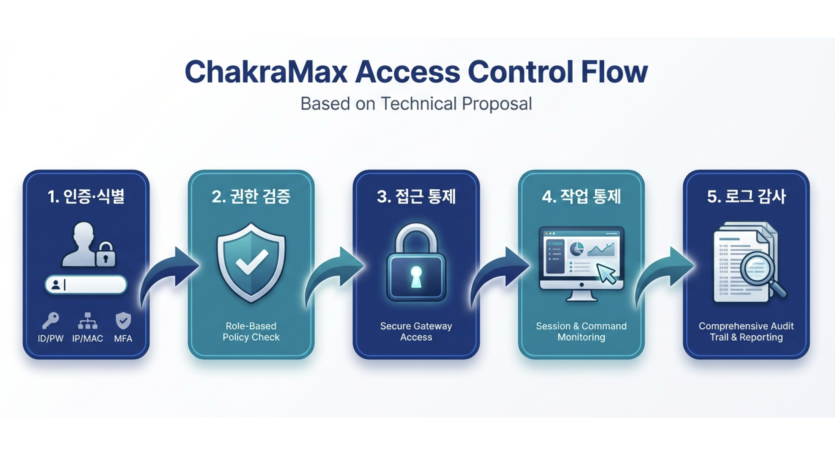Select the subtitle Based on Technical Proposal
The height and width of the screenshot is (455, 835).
tap(416, 104)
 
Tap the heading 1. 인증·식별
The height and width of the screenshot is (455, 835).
tap(86, 196)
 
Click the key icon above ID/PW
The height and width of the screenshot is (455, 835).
tap(51, 320)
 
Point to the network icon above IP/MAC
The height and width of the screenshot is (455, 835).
tap(87, 321)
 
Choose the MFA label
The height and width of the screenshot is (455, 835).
tap(123, 339)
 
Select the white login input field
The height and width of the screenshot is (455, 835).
tap(86, 285)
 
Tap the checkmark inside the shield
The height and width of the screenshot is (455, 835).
tap(252, 262)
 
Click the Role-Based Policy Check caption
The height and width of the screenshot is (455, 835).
tap(251, 331)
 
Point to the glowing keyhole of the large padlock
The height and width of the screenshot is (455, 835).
tap(416, 277)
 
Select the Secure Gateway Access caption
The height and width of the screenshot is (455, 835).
tap(416, 331)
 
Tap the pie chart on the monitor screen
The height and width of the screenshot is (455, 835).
tap(577, 249)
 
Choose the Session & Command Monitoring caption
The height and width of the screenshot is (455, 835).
tap(581, 331)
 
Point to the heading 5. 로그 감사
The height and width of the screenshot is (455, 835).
tap(747, 196)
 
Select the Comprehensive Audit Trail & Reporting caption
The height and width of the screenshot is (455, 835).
tap(746, 331)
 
